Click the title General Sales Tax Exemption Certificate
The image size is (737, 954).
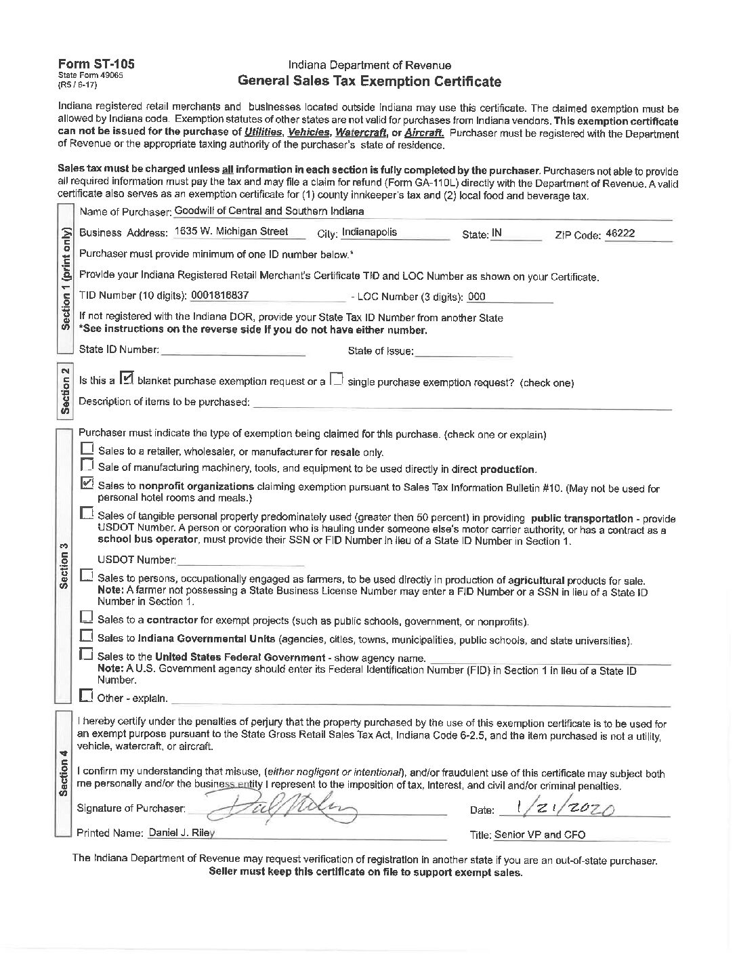[369, 82]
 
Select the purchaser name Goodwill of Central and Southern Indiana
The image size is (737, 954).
[269, 211]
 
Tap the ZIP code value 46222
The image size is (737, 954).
[620, 233]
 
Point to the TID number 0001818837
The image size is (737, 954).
[220, 295]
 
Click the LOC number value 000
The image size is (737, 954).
[477, 297]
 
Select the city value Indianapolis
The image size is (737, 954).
[369, 232]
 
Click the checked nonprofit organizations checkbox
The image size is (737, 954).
[87, 484]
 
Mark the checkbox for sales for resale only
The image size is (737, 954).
[87, 449]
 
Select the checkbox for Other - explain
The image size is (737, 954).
[86, 696]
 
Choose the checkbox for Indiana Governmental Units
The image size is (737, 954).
[86, 637]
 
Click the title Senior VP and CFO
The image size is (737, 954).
[540, 835]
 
